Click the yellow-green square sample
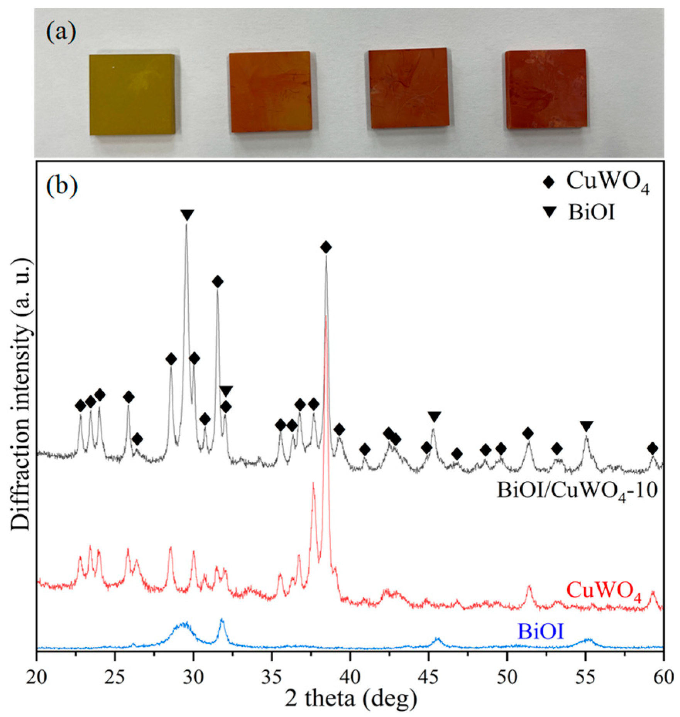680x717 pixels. [x=132, y=94]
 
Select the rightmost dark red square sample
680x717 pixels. [x=546, y=89]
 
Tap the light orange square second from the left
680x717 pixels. [x=271, y=92]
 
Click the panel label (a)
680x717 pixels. [x=61, y=32]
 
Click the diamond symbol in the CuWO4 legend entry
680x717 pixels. [x=548, y=182]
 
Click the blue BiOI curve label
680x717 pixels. [x=540, y=631]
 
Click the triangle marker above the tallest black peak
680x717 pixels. [x=187, y=215]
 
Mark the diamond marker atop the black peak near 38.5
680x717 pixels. [x=326, y=247]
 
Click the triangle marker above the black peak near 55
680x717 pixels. [x=586, y=426]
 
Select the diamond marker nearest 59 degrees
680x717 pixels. [x=653, y=449]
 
